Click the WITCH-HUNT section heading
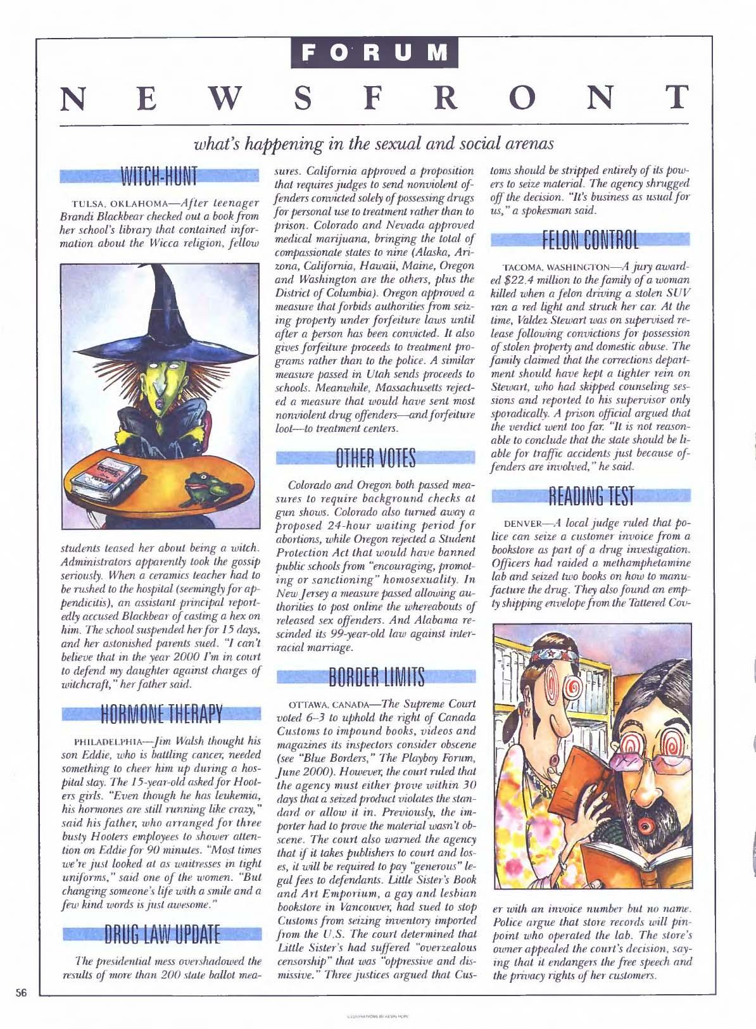(160, 175)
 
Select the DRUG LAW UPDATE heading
(160, 934)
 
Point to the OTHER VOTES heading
(376, 458)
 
